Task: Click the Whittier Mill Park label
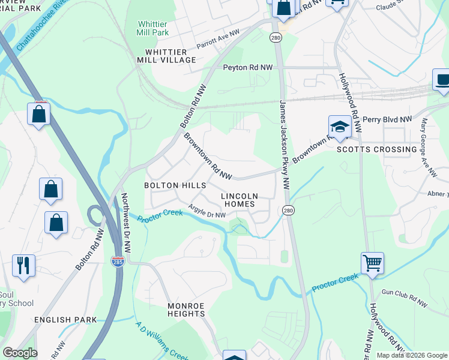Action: (x=152, y=28)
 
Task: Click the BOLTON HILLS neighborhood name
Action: (x=175, y=186)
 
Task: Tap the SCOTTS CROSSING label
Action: (x=376, y=149)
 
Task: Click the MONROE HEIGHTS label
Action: (x=186, y=310)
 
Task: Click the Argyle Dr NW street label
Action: (x=207, y=211)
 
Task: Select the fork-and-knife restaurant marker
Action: (x=23, y=265)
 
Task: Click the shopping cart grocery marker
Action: (x=372, y=262)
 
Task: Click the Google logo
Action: (x=20, y=353)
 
